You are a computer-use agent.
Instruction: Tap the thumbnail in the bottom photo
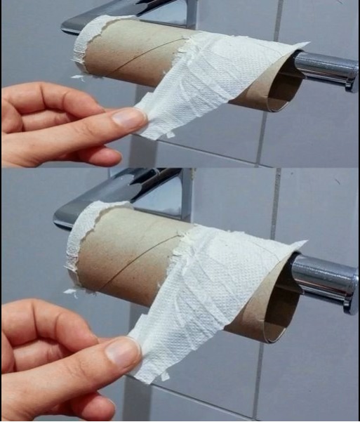[124, 352]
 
